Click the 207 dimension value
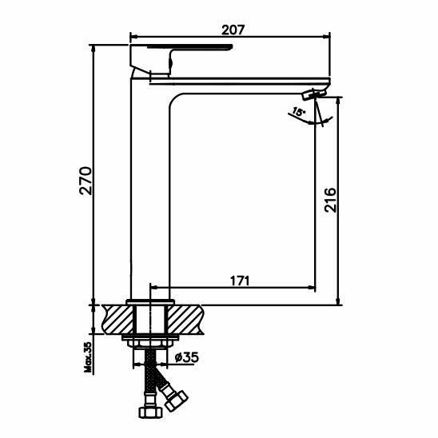[233, 30]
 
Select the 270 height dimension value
[86, 181]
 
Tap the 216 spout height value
[330, 200]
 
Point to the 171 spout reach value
[240, 281]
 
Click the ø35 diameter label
[186, 357]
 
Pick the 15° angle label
[298, 112]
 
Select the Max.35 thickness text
[88, 357]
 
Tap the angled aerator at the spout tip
[315, 94]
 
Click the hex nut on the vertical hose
[150, 412]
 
